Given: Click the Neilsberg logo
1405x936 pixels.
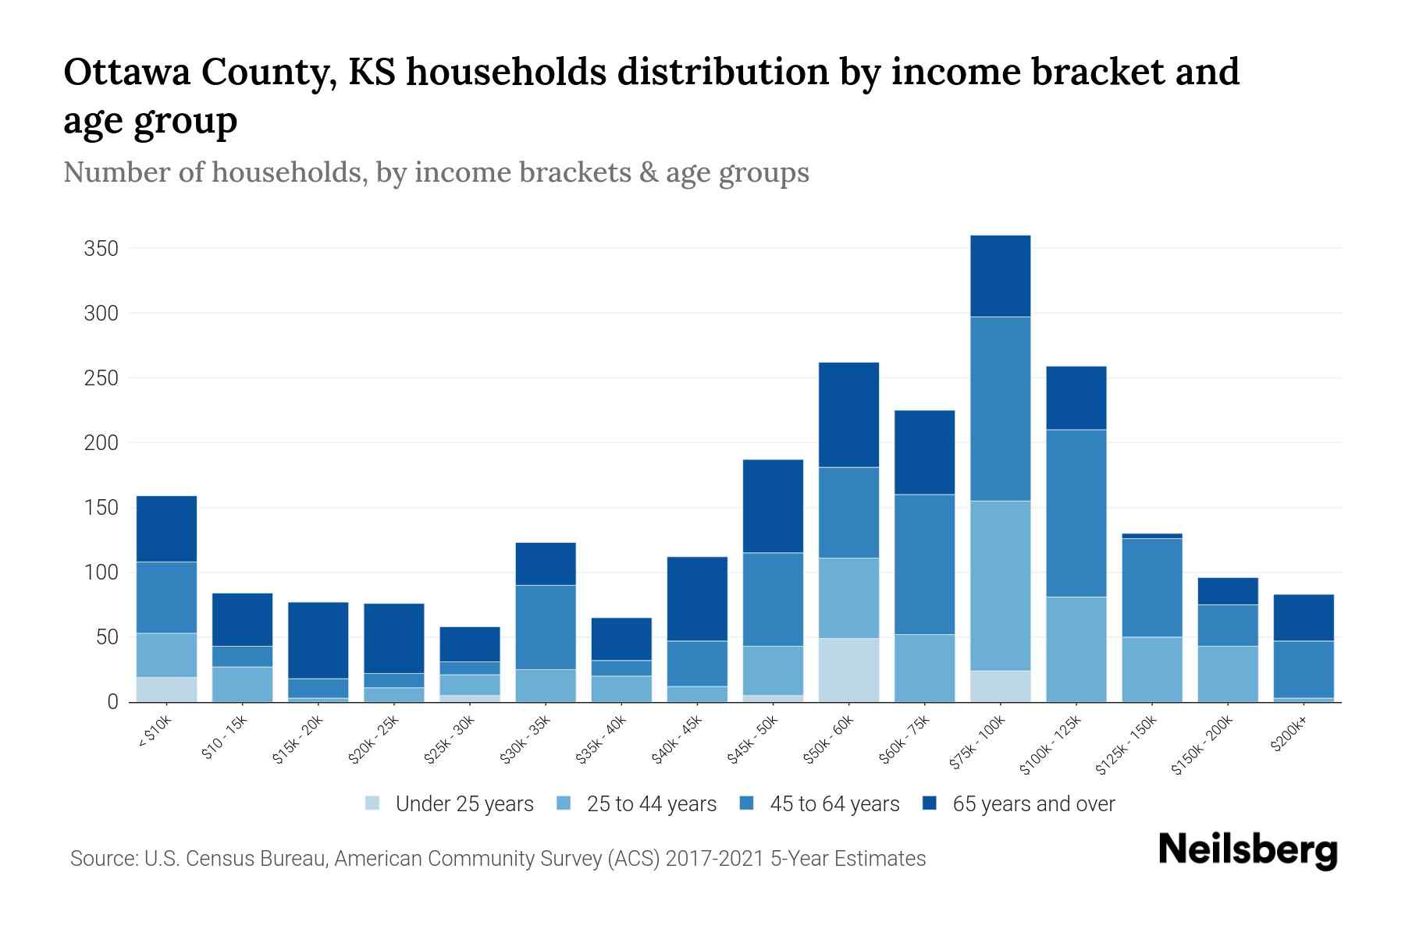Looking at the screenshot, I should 1247,850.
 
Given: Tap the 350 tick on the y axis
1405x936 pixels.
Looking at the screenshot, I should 101,249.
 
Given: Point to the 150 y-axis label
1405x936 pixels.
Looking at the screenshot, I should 101,508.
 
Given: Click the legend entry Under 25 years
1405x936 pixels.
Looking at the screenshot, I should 450,804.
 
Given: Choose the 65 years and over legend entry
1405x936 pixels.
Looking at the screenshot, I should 1019,804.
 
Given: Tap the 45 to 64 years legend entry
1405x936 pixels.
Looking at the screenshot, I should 820,804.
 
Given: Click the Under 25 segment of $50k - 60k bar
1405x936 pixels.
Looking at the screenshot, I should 848,670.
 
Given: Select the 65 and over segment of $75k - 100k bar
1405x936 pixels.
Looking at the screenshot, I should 1000,276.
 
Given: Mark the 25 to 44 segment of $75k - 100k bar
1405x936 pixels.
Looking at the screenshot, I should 1000,585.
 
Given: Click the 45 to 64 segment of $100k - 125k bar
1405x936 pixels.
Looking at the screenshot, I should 1076,513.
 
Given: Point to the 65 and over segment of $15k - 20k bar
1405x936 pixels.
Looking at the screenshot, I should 318,640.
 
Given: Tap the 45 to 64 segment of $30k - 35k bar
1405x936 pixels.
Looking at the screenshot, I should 545,627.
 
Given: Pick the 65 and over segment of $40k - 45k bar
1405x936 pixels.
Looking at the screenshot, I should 696,598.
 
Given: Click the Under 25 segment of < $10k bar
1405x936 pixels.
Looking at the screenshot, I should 166,690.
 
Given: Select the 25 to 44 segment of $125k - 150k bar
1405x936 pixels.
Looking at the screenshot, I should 1151,669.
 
